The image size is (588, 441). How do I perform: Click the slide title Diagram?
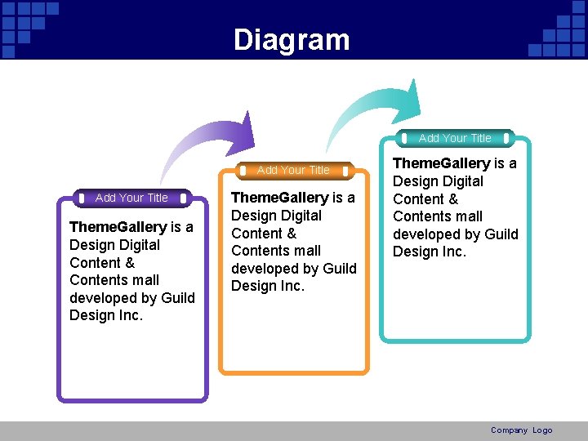click(292, 39)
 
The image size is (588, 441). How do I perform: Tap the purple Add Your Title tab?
click(131, 198)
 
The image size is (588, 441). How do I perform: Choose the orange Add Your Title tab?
click(293, 170)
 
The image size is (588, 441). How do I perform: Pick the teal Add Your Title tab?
click(455, 138)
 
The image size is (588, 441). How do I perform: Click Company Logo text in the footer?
click(521, 430)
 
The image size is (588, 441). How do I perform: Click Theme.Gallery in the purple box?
click(118, 227)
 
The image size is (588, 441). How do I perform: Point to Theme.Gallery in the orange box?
click(279, 198)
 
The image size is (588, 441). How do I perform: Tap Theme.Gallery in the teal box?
click(441, 163)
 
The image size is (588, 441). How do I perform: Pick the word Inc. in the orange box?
click(291, 286)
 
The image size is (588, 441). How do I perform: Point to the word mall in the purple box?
click(143, 280)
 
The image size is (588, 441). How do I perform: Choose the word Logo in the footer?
click(542, 430)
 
